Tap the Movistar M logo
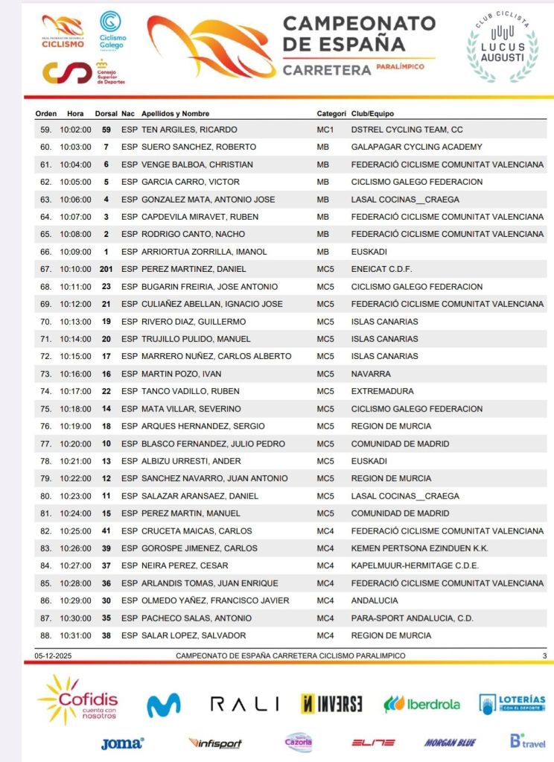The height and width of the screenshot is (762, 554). [163, 705]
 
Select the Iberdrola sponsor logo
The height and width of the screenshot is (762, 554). [421, 704]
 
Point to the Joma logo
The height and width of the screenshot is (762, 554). [122, 743]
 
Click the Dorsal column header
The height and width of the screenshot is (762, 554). [106, 114]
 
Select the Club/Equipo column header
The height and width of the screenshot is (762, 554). [372, 114]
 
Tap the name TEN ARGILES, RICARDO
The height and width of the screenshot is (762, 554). [189, 130]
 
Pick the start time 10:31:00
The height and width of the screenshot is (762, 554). [75, 635]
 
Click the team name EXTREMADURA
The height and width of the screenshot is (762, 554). [382, 391]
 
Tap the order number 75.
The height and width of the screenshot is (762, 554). [45, 409]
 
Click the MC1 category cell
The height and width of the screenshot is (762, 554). [326, 130]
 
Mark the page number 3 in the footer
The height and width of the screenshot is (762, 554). [544, 655]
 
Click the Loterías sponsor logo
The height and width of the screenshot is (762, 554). [512, 704]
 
